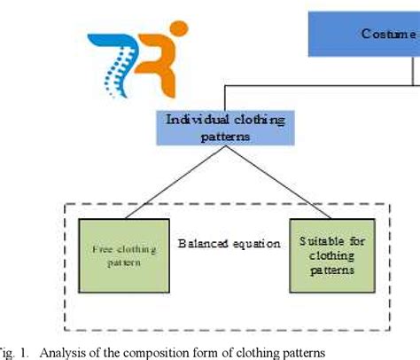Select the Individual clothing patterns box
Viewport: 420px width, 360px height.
pyautogui.click(x=202, y=128)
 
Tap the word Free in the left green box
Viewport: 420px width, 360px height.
pyautogui.click(x=100, y=250)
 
